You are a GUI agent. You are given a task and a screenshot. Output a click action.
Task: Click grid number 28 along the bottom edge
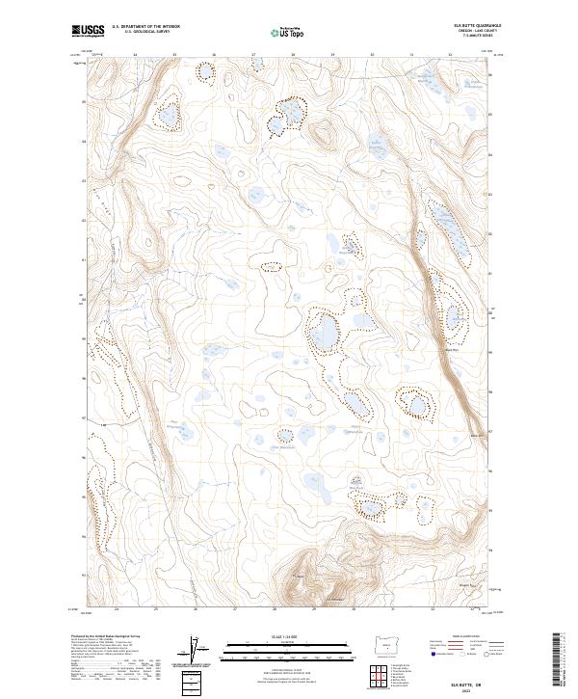276,609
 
